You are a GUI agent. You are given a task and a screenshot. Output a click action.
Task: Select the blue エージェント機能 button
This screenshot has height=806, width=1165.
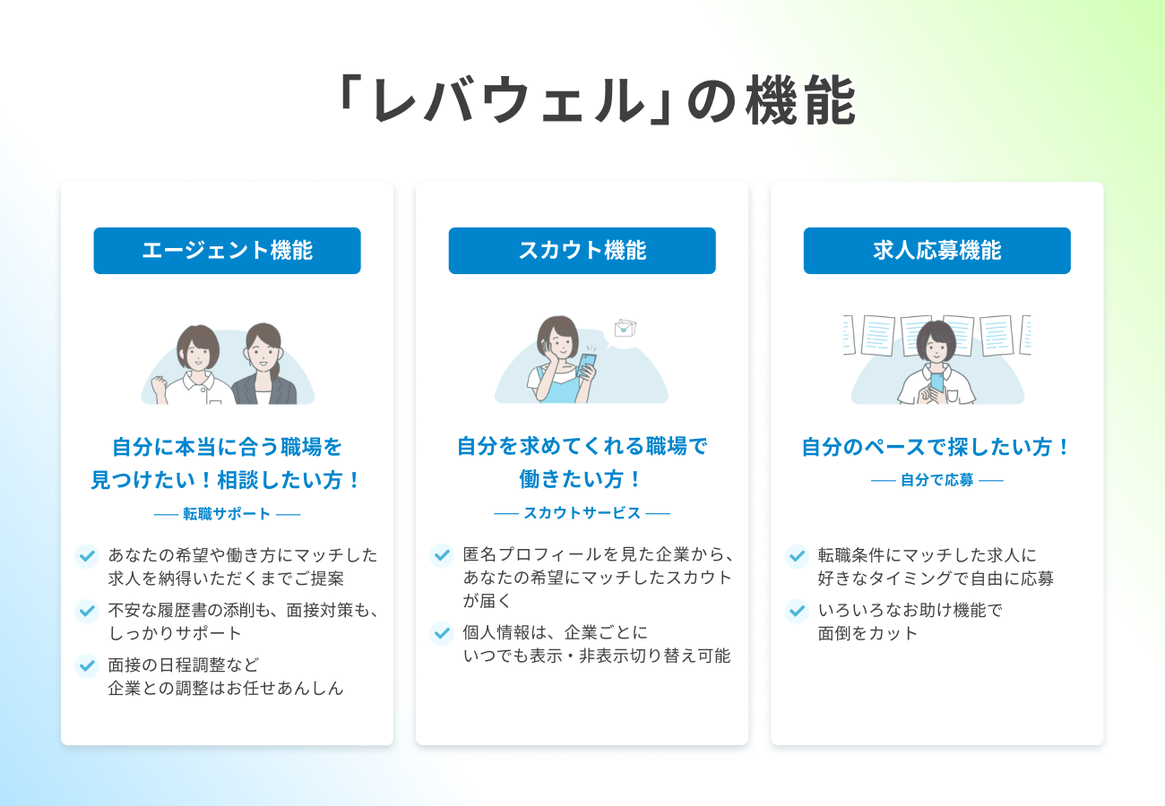pos(227,251)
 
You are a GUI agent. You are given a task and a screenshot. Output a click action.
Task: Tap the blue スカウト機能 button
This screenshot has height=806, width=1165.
pos(582,251)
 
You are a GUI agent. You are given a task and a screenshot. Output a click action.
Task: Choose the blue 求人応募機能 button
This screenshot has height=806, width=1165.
pos(936,251)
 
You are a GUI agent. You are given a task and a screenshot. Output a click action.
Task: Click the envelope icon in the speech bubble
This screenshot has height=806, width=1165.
pos(623,328)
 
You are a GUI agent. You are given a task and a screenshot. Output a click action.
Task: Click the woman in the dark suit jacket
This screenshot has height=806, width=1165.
pos(263,367)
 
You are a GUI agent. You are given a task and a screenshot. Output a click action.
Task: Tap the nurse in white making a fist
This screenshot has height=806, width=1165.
pos(195,367)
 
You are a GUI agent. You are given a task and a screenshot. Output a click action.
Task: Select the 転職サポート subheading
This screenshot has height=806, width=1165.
pos(227,514)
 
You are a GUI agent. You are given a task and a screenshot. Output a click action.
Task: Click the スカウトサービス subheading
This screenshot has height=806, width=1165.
pos(582,513)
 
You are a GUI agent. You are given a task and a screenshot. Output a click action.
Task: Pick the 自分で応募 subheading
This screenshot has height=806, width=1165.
pos(936,480)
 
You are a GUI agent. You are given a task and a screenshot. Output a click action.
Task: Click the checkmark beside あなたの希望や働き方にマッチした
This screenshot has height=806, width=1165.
pos(87,556)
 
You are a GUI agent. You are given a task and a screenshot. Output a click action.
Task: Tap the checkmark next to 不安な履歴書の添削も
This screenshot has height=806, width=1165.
pos(87,612)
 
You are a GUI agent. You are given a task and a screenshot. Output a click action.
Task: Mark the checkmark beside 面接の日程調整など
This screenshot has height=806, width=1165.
pos(87,666)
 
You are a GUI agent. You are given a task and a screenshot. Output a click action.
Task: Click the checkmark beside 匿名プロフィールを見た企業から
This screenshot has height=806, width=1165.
pos(442,556)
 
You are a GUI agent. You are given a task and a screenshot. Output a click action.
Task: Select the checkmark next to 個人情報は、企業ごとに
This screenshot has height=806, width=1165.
pos(442,633)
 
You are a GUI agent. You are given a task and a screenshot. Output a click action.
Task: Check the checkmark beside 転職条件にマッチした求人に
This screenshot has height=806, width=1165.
pos(797,556)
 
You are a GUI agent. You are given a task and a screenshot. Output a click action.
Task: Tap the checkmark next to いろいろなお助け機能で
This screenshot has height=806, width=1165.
pos(797,612)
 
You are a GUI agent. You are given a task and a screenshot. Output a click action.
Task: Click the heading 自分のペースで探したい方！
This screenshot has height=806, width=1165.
pos(936,447)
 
